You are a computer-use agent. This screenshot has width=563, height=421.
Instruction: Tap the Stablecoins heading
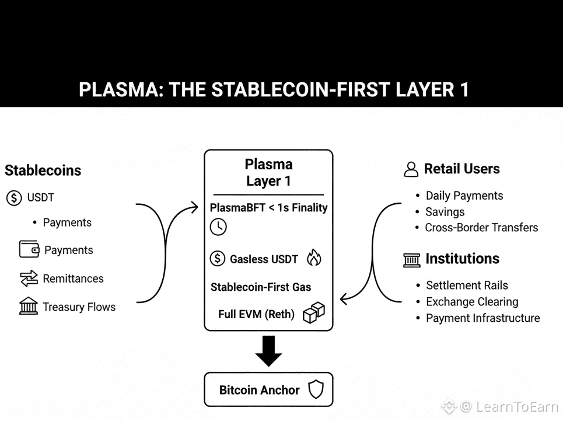[43, 171]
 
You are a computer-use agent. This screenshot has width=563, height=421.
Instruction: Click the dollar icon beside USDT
[14, 197]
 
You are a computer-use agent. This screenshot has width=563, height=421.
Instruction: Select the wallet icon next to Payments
[29, 250]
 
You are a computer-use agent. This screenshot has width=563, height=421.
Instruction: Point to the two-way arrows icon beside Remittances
[29, 279]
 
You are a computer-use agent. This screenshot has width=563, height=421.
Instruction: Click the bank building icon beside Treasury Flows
[29, 306]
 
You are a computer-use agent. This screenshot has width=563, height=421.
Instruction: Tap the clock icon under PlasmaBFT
[218, 227]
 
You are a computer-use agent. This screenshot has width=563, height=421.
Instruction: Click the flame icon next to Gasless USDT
[314, 258]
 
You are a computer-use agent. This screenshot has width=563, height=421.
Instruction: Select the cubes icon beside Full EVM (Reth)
[314, 313]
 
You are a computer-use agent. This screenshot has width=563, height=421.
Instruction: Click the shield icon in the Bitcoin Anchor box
[316, 389]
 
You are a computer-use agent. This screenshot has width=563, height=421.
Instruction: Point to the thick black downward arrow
[268, 350]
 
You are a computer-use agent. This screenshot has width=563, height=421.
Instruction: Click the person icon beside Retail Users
[411, 170]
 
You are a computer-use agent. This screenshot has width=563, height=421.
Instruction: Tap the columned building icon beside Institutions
[411, 259]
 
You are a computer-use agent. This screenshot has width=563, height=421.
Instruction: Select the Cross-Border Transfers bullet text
[481, 228]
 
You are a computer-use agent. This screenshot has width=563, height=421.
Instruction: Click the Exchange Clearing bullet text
[472, 302]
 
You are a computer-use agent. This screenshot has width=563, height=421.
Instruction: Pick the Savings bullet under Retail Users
[445, 212]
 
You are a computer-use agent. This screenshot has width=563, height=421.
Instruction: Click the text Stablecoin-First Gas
[261, 287]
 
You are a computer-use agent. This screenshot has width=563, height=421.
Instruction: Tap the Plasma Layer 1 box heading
[268, 172]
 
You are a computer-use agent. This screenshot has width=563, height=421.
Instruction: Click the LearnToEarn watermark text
[517, 406]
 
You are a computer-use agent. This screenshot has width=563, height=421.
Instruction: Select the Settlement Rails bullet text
[467, 286]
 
